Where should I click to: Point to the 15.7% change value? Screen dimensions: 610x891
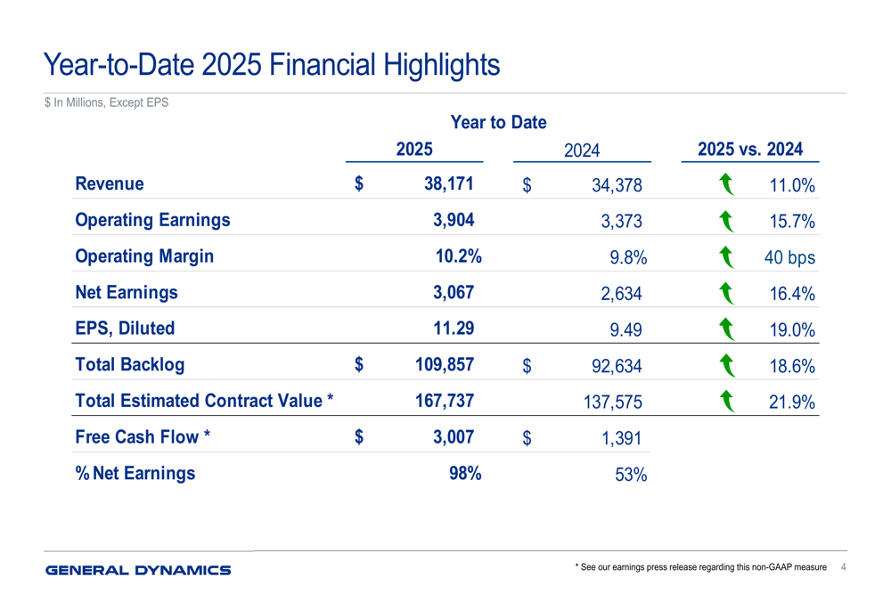(792, 223)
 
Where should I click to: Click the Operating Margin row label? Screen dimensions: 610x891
(145, 256)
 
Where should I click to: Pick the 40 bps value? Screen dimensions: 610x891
(789, 258)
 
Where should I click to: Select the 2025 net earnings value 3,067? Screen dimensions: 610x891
(453, 292)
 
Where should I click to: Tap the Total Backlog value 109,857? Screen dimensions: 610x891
(444, 364)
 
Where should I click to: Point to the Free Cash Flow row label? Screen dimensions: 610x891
(143, 436)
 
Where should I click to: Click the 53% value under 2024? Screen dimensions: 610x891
(630, 476)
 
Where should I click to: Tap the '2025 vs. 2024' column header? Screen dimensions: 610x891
(750, 150)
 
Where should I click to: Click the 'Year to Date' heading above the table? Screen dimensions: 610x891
(498, 122)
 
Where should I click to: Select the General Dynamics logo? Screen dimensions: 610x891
(138, 570)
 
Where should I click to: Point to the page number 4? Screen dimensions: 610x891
(844, 567)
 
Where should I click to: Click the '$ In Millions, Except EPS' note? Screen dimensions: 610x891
(106, 103)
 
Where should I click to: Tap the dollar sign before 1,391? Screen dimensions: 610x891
(527, 438)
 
